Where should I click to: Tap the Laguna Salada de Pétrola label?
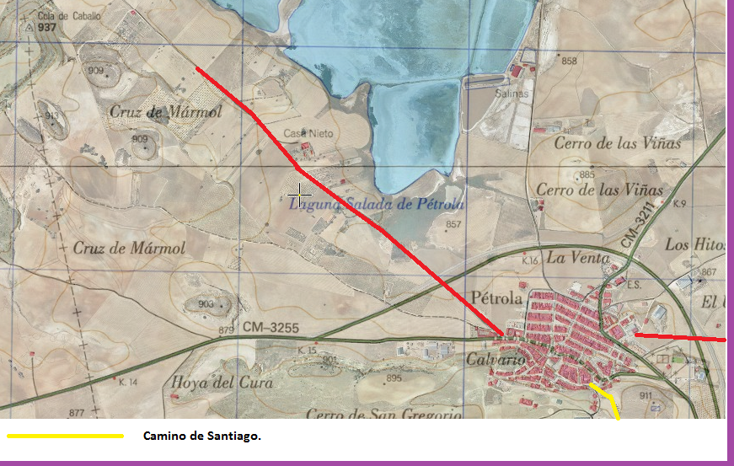click(x=376, y=204)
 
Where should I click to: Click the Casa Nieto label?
click(x=308, y=134)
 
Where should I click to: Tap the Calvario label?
click(x=496, y=360)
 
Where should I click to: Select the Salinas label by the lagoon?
click(x=512, y=94)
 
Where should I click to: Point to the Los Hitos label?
click(x=695, y=244)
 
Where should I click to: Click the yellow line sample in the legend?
click(x=66, y=436)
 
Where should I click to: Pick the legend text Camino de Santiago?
click(x=202, y=436)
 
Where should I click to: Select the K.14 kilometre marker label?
click(x=127, y=383)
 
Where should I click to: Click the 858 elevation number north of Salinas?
click(x=569, y=61)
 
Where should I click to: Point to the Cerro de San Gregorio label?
click(x=383, y=414)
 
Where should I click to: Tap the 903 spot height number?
click(x=206, y=303)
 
